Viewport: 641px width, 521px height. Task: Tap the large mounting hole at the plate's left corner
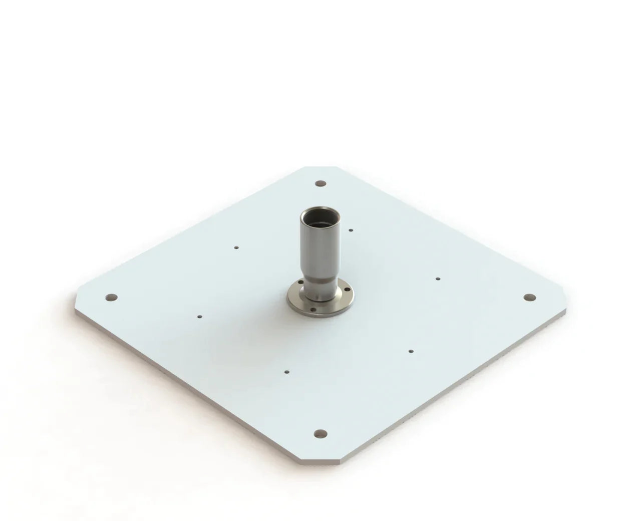tap(112, 298)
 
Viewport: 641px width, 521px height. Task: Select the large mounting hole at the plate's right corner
tap(528, 298)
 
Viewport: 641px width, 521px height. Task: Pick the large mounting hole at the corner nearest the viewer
tap(320, 433)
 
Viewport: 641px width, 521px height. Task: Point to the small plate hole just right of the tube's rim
tap(351, 230)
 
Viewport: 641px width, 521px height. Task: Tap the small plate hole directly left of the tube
tap(236, 247)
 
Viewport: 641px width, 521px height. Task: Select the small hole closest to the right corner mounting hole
tap(438, 279)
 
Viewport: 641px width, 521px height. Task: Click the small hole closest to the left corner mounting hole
tap(199, 317)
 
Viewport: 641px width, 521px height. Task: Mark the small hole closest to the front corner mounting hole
tap(286, 372)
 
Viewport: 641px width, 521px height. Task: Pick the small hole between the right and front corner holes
tap(411, 351)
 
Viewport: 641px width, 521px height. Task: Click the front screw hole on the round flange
tap(313, 309)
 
